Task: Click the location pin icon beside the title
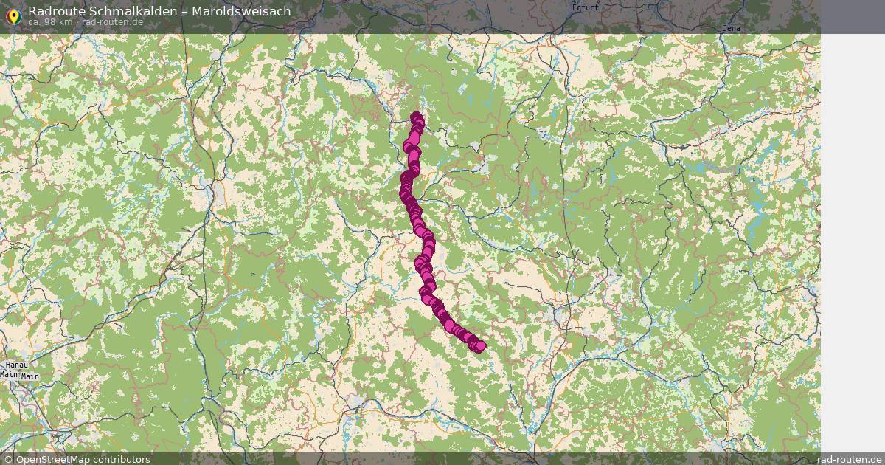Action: pyautogui.click(x=13, y=16)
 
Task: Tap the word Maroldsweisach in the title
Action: pyautogui.click(x=241, y=11)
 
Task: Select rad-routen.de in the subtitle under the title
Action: pyautogui.click(x=112, y=21)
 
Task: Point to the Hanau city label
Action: pyautogui.click(x=15, y=365)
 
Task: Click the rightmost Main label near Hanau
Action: pyautogui.click(x=30, y=376)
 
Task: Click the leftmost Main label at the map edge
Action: pyautogui.click(x=8, y=375)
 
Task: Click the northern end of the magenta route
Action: pyautogui.click(x=417, y=117)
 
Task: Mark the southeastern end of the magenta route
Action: pyautogui.click(x=480, y=346)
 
